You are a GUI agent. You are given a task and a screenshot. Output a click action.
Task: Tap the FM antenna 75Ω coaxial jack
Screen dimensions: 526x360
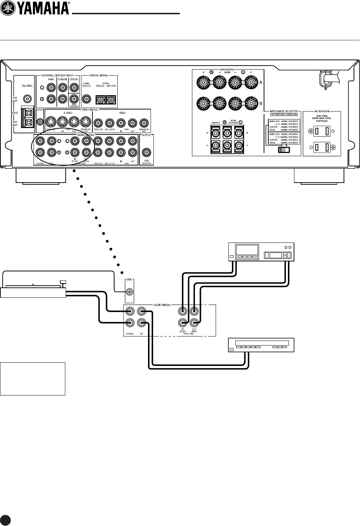[x=27, y=98]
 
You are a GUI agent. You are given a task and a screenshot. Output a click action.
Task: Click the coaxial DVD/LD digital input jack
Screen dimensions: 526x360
[x=86, y=99]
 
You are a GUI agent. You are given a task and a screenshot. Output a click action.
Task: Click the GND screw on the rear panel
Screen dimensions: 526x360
[x=40, y=121]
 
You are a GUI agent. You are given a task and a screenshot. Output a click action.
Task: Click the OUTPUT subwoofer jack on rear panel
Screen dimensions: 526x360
[x=146, y=153]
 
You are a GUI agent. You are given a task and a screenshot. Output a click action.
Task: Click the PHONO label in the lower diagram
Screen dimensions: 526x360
[x=130, y=334]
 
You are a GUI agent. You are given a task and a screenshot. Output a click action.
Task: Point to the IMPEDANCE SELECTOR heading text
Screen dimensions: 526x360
[x=283, y=112]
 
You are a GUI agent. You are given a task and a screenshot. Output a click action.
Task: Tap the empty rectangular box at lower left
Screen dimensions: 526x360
[x=33, y=379]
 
